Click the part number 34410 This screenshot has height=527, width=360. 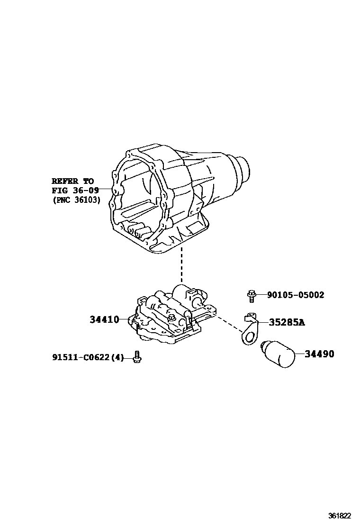point(104,320)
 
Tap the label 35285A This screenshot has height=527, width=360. point(287,323)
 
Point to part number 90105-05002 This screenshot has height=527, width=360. point(296,295)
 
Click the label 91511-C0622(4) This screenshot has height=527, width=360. point(87,357)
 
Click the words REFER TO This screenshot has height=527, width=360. point(72,181)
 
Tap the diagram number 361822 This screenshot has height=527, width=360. point(340,516)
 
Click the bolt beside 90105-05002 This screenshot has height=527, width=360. point(251,295)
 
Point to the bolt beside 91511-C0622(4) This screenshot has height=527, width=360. point(137,357)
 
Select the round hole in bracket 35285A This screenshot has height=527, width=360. point(248,336)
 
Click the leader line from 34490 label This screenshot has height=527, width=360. point(300,354)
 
